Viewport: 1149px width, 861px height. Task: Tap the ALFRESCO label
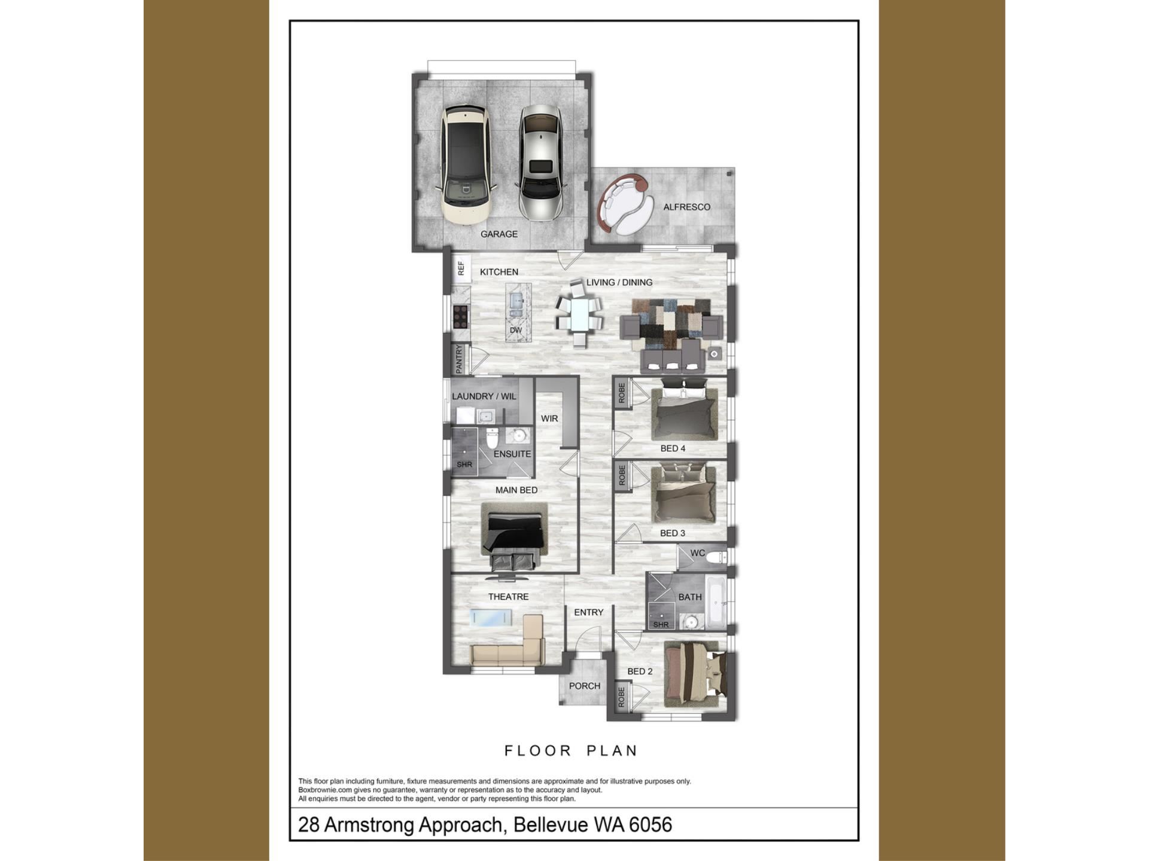(x=686, y=207)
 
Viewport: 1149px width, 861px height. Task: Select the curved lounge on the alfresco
(x=625, y=204)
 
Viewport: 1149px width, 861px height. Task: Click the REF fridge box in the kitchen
(x=461, y=268)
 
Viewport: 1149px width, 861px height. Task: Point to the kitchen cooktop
(x=460, y=317)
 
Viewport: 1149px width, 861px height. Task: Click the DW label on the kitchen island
(x=516, y=330)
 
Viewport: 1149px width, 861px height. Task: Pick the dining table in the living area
(x=579, y=313)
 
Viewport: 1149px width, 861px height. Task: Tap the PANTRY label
(x=459, y=359)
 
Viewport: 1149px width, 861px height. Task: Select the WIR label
(x=549, y=419)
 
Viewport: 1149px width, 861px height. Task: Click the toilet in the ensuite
(x=492, y=438)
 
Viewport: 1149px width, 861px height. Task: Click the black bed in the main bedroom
(x=515, y=536)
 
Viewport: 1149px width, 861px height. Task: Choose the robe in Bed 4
(x=621, y=393)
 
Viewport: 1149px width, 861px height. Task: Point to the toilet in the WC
(x=716, y=558)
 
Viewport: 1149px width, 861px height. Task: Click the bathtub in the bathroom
(x=716, y=602)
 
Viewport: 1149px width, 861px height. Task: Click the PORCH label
(x=585, y=686)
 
